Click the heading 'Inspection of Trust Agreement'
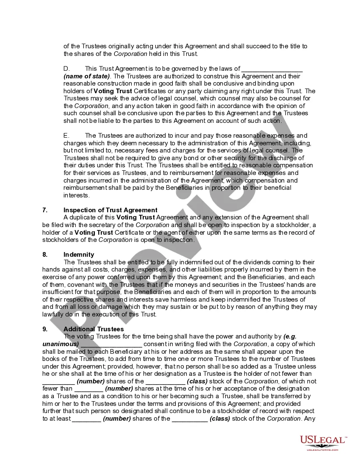click(110, 210)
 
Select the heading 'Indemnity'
click(79, 255)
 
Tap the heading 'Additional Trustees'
click(94, 329)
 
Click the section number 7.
click(44, 210)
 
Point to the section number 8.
click(44, 255)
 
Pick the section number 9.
click(44, 329)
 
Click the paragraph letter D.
click(66, 69)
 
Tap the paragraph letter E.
click(66, 136)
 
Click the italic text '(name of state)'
click(86, 76)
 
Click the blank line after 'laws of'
click(272, 69)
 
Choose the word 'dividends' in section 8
click(251, 262)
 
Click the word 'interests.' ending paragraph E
click(76, 195)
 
